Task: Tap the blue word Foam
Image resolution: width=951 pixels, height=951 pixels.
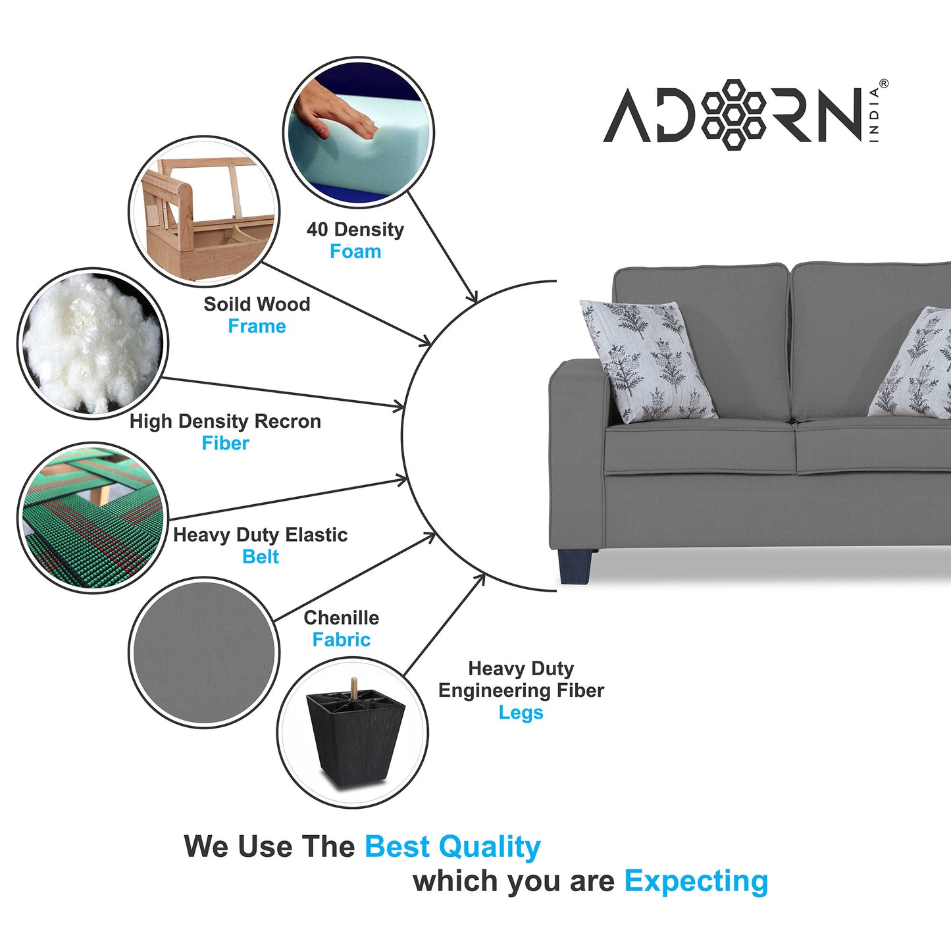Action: (355, 251)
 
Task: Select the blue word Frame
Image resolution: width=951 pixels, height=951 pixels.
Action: (257, 326)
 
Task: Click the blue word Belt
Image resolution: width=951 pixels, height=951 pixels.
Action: (261, 557)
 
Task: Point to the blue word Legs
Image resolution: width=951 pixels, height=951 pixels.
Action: (521, 713)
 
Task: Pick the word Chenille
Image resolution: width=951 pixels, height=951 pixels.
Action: (341, 618)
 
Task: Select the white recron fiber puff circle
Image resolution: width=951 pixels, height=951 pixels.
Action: (92, 343)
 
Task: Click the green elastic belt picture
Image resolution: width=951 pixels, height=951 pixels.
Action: (92, 517)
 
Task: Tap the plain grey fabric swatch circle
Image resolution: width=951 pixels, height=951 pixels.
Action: (203, 652)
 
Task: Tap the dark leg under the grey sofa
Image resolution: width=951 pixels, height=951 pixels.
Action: (575, 566)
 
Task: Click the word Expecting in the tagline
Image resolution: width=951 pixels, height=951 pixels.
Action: (696, 881)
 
